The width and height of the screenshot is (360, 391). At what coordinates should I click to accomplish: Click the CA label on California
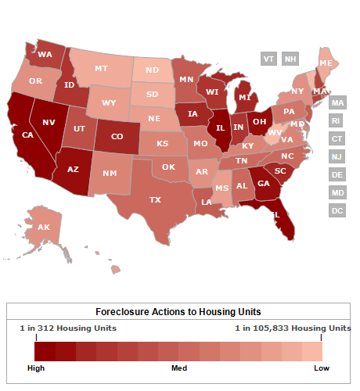click(x=27, y=135)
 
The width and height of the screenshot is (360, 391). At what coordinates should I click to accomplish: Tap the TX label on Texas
click(x=155, y=200)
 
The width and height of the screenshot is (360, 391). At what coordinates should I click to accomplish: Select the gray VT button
click(x=268, y=59)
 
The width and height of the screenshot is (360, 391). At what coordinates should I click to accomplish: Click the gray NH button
click(x=290, y=59)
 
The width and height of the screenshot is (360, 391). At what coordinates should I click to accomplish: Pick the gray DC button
click(x=337, y=210)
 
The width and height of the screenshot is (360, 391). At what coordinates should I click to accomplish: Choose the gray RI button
click(x=337, y=121)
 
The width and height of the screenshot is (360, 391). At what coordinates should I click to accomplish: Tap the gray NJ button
click(x=337, y=157)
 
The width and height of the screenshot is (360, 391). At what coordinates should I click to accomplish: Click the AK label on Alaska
click(x=44, y=228)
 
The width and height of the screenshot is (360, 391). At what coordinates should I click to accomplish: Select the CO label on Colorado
click(x=117, y=137)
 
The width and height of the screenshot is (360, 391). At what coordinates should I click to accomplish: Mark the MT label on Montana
click(x=101, y=69)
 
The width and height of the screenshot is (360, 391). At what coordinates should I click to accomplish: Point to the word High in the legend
click(x=36, y=366)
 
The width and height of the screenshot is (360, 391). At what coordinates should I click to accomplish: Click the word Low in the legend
click(x=322, y=366)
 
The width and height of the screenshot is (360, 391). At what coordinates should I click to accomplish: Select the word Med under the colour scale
click(x=179, y=366)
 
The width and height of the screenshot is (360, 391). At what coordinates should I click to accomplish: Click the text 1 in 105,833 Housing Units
click(x=293, y=328)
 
